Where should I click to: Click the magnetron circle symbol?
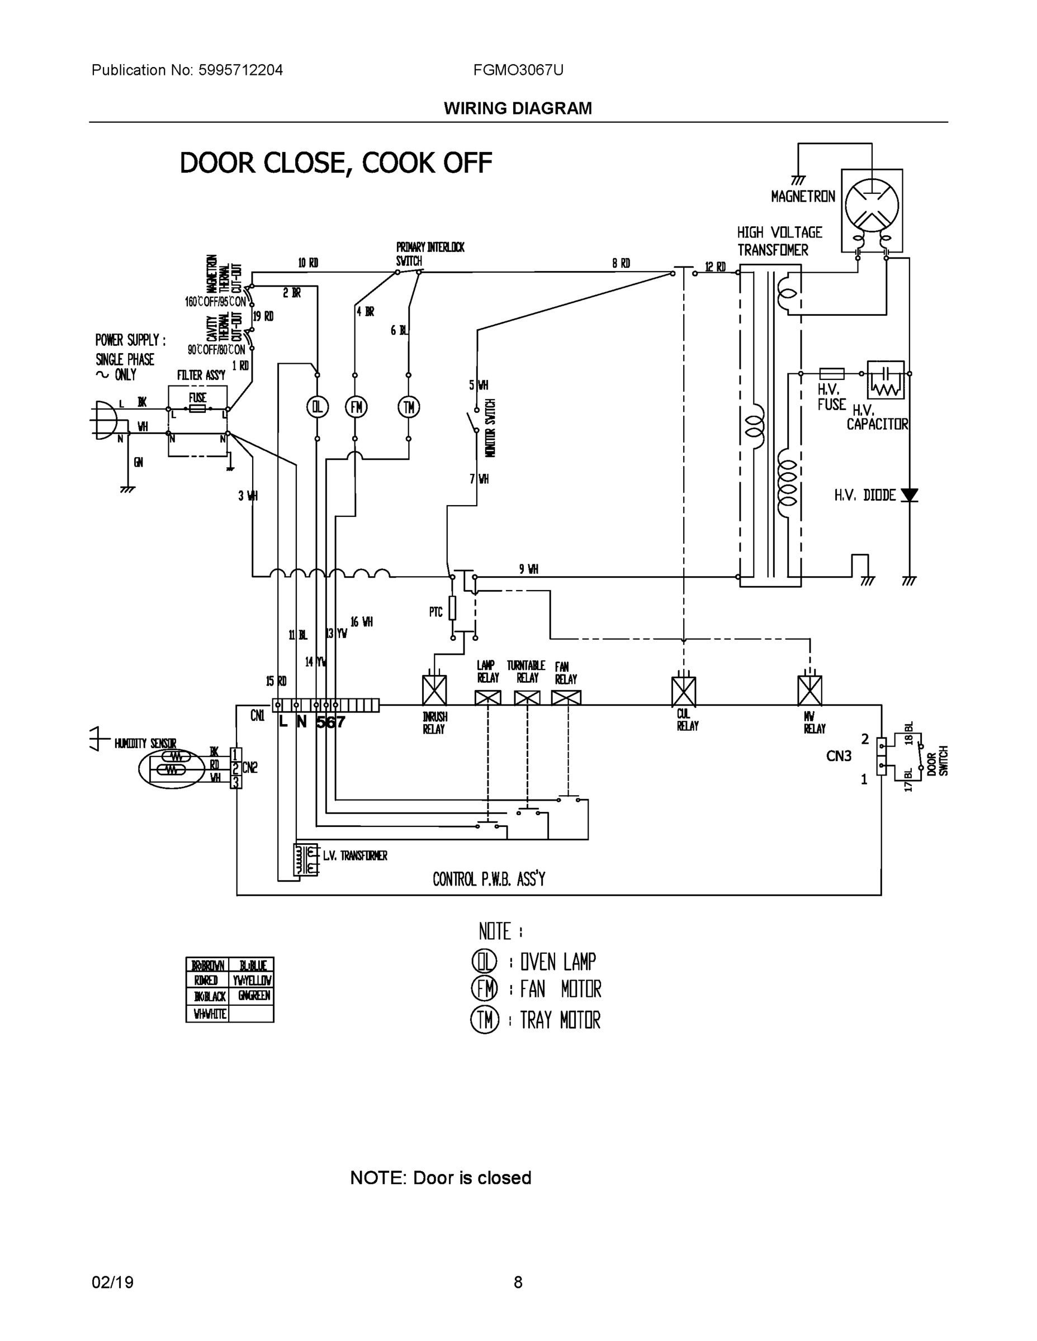872,205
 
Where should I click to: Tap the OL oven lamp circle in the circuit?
317,406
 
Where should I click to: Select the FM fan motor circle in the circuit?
356,406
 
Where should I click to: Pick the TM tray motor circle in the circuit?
409,406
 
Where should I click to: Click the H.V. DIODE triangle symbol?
909,495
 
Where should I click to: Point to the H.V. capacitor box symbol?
886,379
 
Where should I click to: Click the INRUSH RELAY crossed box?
434,690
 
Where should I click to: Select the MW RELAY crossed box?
809,691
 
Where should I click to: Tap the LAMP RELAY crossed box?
488,697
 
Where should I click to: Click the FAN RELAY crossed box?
566,697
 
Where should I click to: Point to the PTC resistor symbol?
452,608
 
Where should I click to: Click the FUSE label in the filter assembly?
197,398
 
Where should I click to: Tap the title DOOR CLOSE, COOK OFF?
335,163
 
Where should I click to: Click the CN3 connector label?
839,756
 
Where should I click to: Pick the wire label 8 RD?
621,263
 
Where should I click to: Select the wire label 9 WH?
528,569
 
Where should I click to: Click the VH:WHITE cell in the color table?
210,1014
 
